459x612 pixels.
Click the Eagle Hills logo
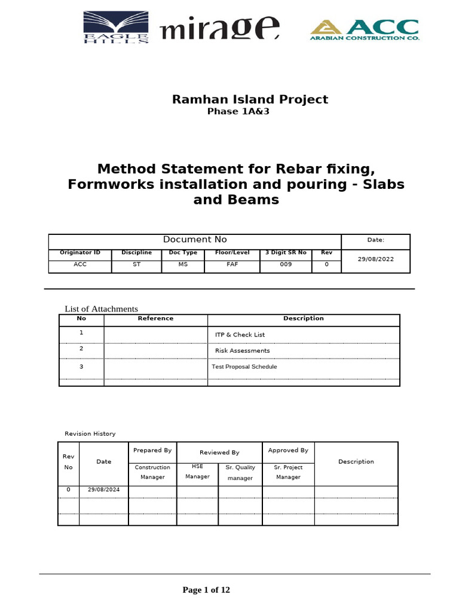[x=117, y=27]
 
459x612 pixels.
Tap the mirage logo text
[x=219, y=29]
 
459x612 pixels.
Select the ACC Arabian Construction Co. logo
[x=363, y=29]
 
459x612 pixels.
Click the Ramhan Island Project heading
[x=250, y=99]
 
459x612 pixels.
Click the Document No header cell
[x=195, y=240]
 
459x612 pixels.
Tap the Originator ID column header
[x=80, y=253]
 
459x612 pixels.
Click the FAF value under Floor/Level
[x=232, y=264]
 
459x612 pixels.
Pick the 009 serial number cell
[x=286, y=264]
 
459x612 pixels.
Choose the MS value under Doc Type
[x=183, y=264]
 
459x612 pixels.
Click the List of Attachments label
[x=101, y=309]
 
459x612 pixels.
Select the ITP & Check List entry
[x=240, y=335]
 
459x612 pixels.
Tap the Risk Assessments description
[x=242, y=351]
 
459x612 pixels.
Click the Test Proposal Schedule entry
[x=244, y=366]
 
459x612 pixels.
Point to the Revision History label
[x=90, y=434]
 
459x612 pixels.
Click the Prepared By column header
[x=152, y=451]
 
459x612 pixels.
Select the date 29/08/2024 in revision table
[x=103, y=489]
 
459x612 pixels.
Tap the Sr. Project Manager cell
[x=288, y=472]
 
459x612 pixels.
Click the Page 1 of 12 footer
[x=206, y=590]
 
